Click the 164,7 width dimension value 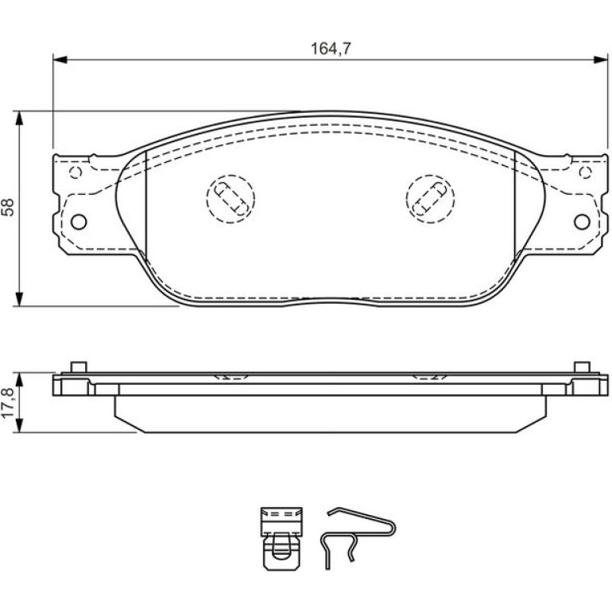pos(331,48)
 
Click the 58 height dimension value pos(8,207)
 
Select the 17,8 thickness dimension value pos(8,403)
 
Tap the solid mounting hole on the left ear pos(79,222)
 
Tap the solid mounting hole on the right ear pos(582,222)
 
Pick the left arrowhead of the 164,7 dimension pos(60,60)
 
